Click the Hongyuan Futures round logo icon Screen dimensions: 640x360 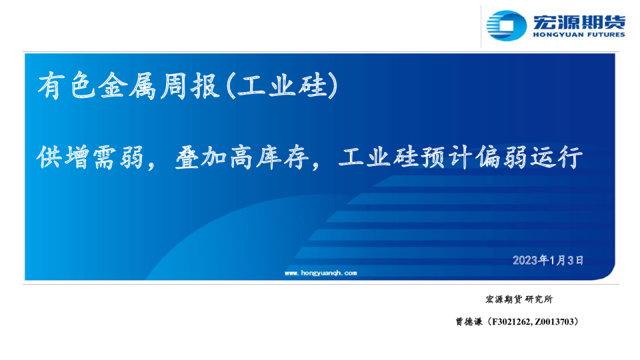coord(506,26)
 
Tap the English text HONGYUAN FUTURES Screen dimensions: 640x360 coord(579,35)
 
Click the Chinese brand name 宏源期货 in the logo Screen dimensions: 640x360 coord(579,21)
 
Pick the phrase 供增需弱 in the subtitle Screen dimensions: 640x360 coord(90,157)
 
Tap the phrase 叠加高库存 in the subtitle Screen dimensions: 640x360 coord(241,157)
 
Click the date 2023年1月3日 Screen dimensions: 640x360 coord(548,260)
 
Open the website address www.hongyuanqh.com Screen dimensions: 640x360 coord(321,273)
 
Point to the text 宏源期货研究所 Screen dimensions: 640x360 coord(519,299)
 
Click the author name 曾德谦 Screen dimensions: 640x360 coord(469,321)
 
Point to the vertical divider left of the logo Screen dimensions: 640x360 coord(481,27)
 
